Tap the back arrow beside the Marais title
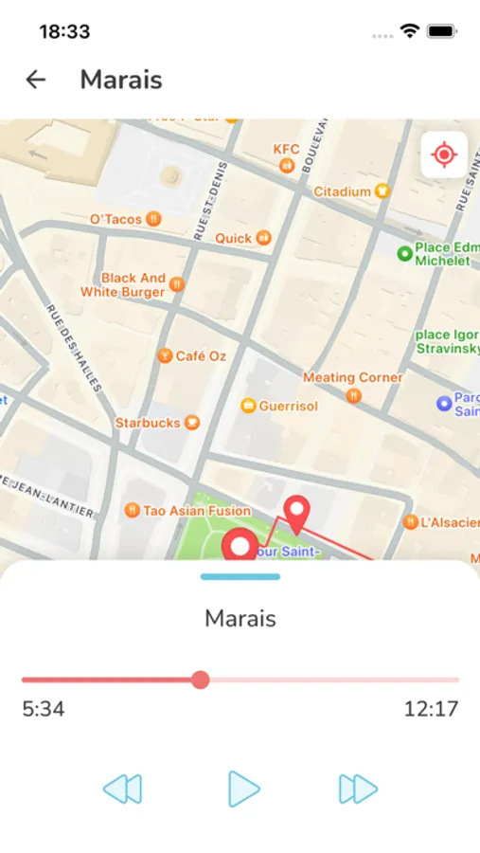(36, 80)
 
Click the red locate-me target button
(443, 154)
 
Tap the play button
(243, 789)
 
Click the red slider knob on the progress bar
(200, 680)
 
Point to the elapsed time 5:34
(44, 709)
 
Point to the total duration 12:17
(431, 709)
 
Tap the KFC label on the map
(286, 150)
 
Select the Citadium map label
(343, 191)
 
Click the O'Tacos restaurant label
(116, 219)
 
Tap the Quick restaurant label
(234, 238)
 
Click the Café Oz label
(201, 355)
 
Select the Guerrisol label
(287, 406)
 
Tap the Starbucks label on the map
(148, 422)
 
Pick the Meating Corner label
(352, 377)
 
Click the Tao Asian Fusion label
(196, 511)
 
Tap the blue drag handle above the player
(240, 576)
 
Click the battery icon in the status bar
(442, 31)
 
